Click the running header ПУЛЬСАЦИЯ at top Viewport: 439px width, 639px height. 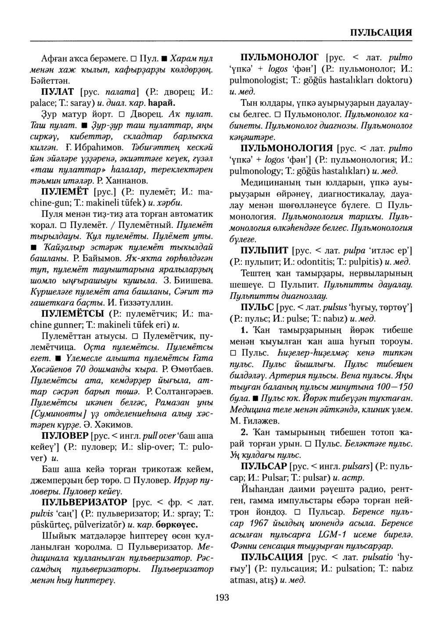point(381,33)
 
